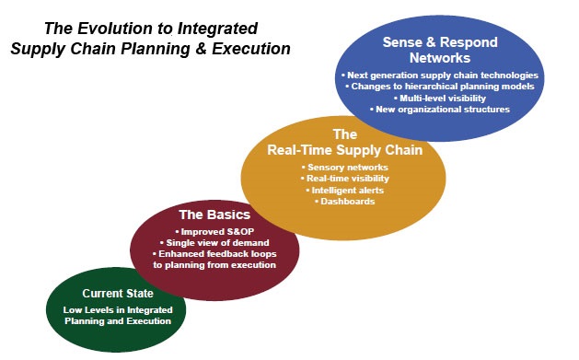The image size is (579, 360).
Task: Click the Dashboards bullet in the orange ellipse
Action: click(342, 200)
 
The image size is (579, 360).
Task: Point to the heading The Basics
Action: click(214, 214)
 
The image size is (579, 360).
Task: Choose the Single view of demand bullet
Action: click(214, 241)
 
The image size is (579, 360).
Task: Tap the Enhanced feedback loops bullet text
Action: click(214, 253)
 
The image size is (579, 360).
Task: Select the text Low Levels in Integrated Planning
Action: click(116, 309)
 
